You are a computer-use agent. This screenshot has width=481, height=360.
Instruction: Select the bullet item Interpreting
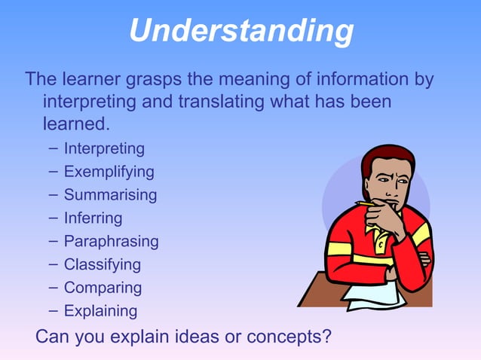click(104, 148)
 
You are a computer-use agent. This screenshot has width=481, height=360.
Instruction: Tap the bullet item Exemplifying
click(109, 172)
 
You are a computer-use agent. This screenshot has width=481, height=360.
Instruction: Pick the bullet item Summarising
click(110, 195)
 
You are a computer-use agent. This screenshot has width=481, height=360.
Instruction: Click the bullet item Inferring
click(93, 218)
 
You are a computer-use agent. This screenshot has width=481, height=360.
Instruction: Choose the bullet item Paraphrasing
click(111, 242)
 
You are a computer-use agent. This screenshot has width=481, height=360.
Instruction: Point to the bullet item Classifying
click(102, 264)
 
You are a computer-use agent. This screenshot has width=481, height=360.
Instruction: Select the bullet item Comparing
click(103, 288)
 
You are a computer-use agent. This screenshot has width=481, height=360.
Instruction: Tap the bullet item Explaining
click(100, 310)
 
